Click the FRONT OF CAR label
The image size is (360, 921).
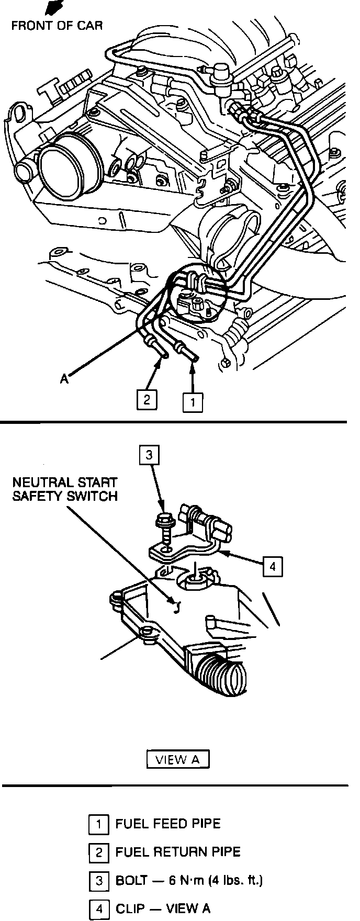[x=57, y=25]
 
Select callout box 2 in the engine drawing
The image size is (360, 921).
[x=147, y=400]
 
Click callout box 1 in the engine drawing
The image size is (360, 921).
[x=193, y=402]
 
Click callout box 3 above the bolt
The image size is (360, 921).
[x=149, y=455]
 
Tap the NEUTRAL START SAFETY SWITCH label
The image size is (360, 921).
[x=65, y=489]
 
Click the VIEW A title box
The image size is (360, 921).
[x=178, y=759]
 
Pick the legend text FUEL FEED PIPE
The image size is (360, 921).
[x=168, y=824]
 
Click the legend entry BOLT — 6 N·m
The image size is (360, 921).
[x=189, y=880]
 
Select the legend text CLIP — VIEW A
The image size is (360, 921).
[x=163, y=909]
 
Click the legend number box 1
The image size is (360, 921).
[x=98, y=824]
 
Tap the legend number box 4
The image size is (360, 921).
[x=98, y=909]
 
